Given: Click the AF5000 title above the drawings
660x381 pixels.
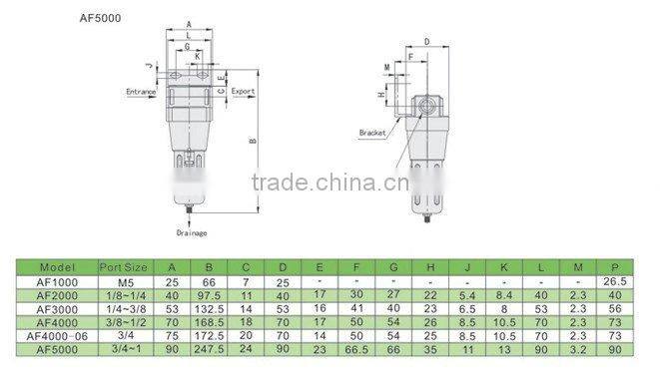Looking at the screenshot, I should click(100, 17).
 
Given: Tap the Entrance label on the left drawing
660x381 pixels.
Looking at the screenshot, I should click(141, 91).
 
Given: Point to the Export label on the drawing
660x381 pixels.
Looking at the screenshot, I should click(243, 91).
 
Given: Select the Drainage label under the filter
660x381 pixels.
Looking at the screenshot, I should click(191, 232).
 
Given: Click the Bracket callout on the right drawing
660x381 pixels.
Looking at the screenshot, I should click(372, 132).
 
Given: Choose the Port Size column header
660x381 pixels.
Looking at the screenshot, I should click(125, 267).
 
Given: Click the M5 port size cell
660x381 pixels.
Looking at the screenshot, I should click(125, 281).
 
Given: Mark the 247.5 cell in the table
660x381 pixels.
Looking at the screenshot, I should click(210, 351).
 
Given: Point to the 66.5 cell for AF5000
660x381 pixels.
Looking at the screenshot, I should click(354, 351).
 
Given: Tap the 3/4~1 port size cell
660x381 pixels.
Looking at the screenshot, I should click(125, 351).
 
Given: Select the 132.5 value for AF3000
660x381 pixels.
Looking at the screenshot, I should click(210, 309).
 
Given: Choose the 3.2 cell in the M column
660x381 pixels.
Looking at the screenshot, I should click(576, 351).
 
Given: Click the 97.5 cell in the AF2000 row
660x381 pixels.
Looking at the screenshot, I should click(210, 295).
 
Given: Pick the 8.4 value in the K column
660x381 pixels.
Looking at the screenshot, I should click(503, 295).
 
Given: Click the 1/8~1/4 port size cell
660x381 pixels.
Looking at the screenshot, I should click(125, 295).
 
